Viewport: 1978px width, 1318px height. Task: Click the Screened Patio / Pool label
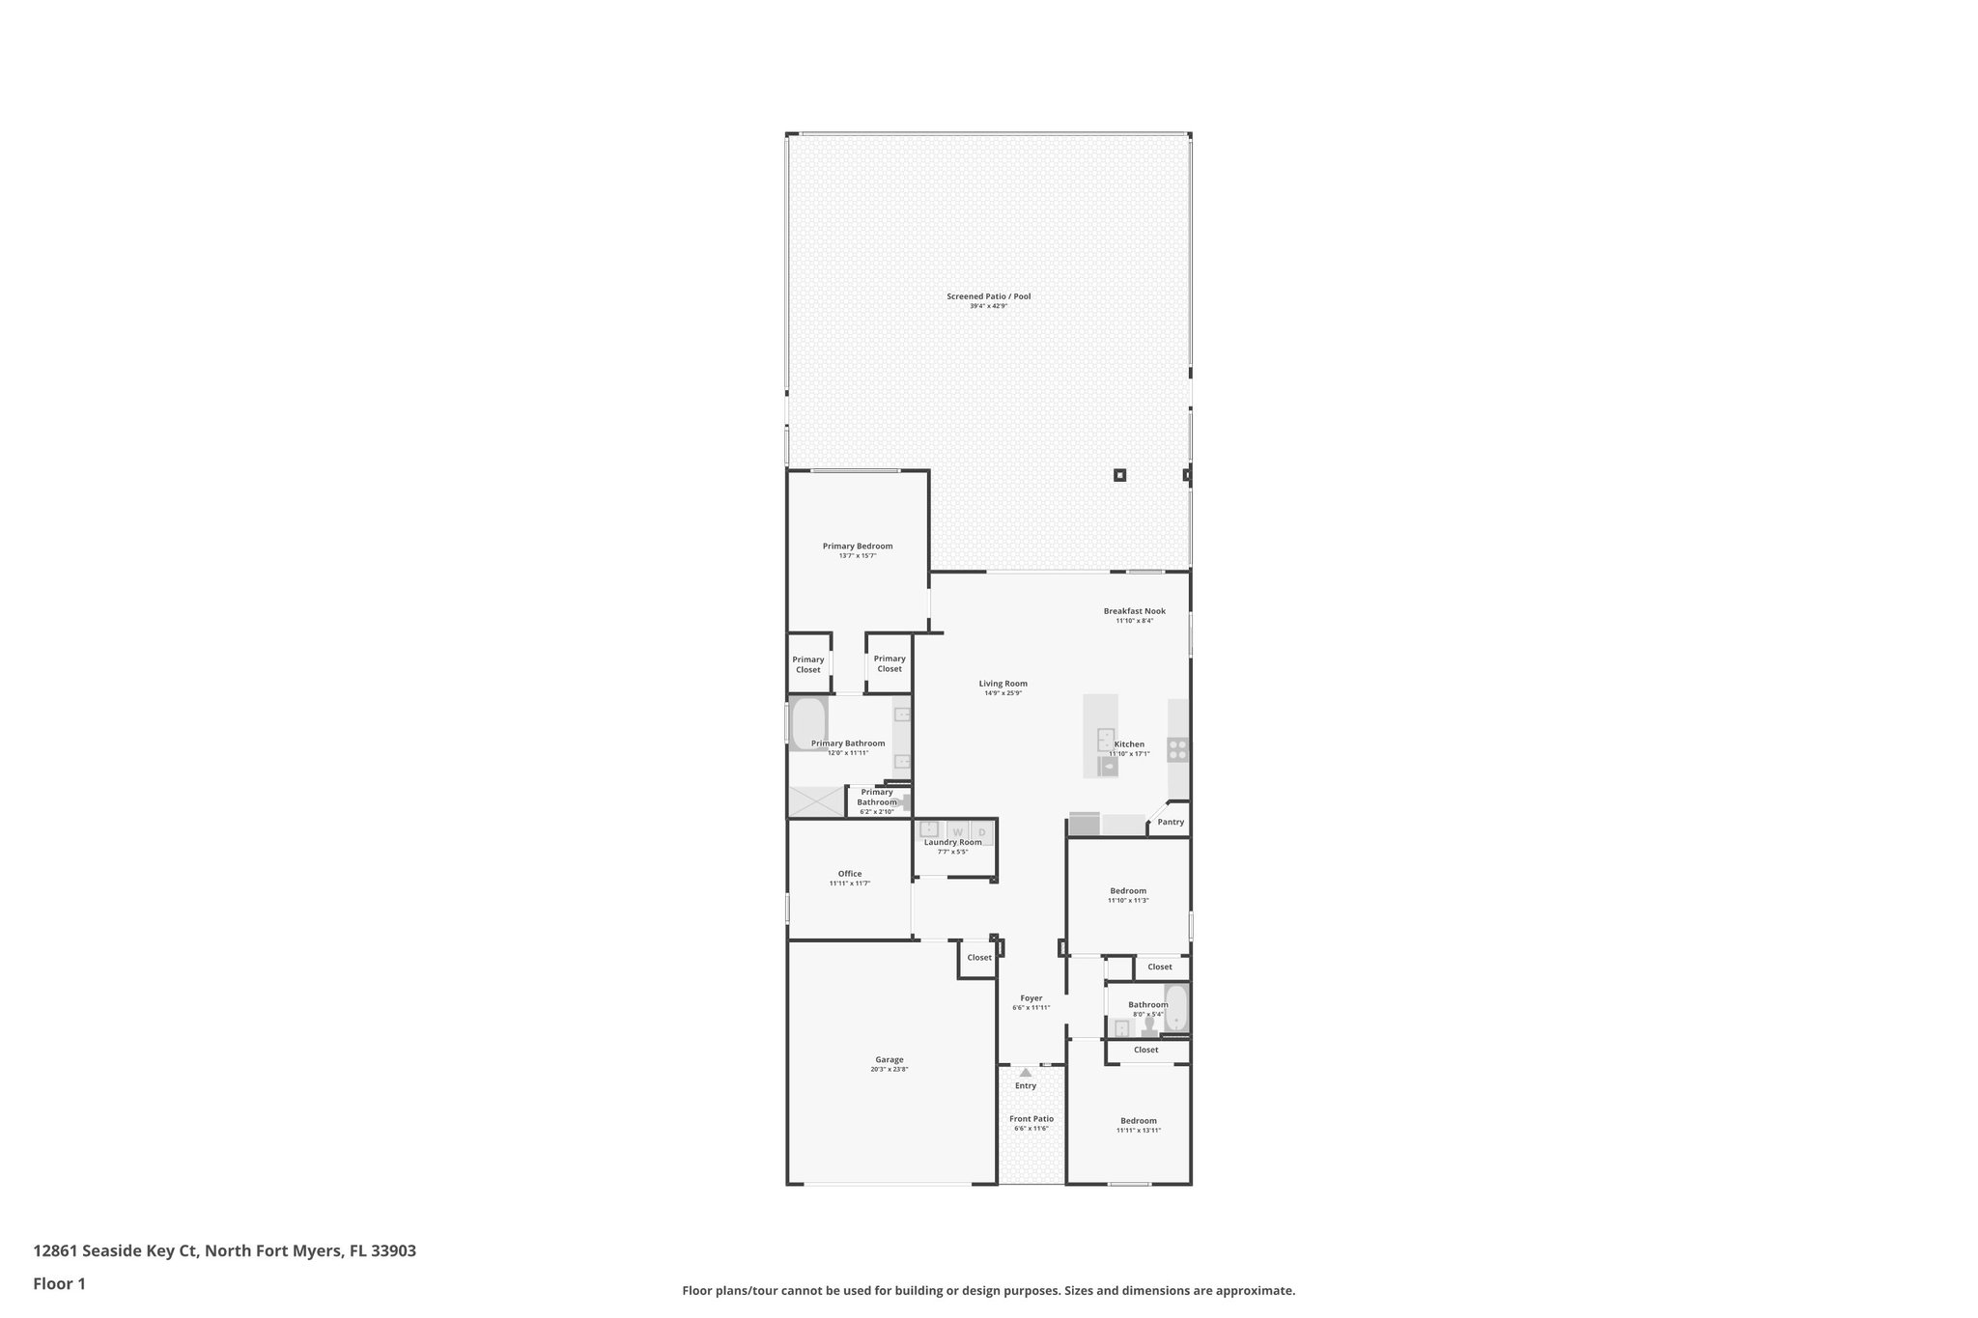click(x=988, y=296)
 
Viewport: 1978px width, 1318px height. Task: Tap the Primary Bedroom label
click(x=858, y=547)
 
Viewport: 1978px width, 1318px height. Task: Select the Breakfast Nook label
click(x=1135, y=611)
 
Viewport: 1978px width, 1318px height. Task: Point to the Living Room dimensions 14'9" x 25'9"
click(x=1003, y=693)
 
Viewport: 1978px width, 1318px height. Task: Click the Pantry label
click(x=1171, y=823)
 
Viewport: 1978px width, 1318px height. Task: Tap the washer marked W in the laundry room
click(x=958, y=831)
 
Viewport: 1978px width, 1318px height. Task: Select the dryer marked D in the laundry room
click(x=982, y=831)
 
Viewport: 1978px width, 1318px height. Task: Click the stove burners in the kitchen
click(x=1178, y=748)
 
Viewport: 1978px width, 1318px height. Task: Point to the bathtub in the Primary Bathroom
click(x=808, y=721)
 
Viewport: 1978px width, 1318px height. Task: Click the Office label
click(x=850, y=874)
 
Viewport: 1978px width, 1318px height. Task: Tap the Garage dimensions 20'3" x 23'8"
click(x=890, y=1070)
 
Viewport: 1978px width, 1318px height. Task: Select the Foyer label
click(x=1031, y=998)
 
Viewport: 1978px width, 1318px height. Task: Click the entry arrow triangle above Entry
click(x=1026, y=1072)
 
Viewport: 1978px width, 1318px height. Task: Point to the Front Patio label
click(x=1031, y=1119)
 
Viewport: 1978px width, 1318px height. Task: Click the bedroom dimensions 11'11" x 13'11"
click(x=1139, y=1131)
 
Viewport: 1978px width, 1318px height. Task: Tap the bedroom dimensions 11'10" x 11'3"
click(x=1128, y=901)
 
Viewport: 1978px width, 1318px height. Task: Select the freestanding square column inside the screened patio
click(x=1120, y=475)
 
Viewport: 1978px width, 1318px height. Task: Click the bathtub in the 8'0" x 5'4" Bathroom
click(x=1175, y=1008)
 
